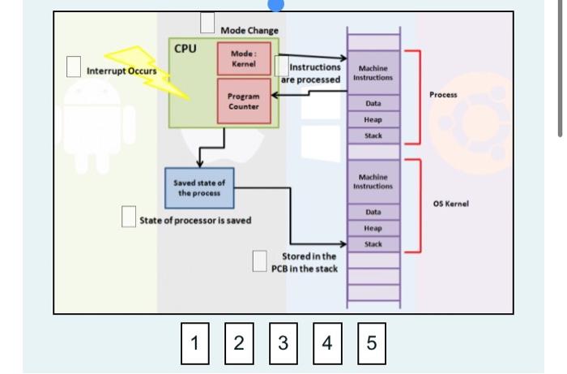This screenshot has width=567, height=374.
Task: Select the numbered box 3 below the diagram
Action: click(x=283, y=342)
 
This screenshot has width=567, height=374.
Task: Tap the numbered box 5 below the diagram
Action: click(x=371, y=342)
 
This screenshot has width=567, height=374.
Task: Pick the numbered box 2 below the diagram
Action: click(x=238, y=342)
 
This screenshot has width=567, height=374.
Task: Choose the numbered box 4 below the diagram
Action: click(x=326, y=342)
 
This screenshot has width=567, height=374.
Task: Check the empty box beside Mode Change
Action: click(x=208, y=24)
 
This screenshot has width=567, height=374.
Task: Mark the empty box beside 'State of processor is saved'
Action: click(x=128, y=217)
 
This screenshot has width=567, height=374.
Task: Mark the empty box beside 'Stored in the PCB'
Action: click(x=260, y=260)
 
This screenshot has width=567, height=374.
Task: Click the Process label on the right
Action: click(x=443, y=95)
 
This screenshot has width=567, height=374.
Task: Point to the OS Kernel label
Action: click(x=451, y=204)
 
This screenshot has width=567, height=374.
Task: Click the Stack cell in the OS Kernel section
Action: click(x=373, y=243)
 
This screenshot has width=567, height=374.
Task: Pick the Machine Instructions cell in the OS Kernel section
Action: click(x=373, y=182)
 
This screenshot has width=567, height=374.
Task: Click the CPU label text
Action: click(x=185, y=47)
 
